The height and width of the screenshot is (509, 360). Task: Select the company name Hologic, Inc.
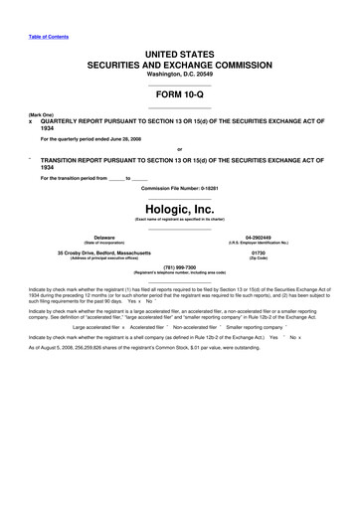coord(179,210)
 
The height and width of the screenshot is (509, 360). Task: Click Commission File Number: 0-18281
coord(179,188)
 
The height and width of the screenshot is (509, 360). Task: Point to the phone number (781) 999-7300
coord(179,265)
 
